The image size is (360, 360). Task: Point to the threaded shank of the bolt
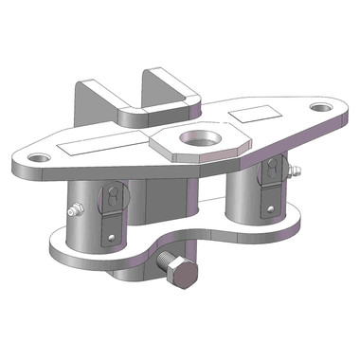point(164,262)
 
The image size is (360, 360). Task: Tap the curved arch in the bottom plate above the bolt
point(175,242)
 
